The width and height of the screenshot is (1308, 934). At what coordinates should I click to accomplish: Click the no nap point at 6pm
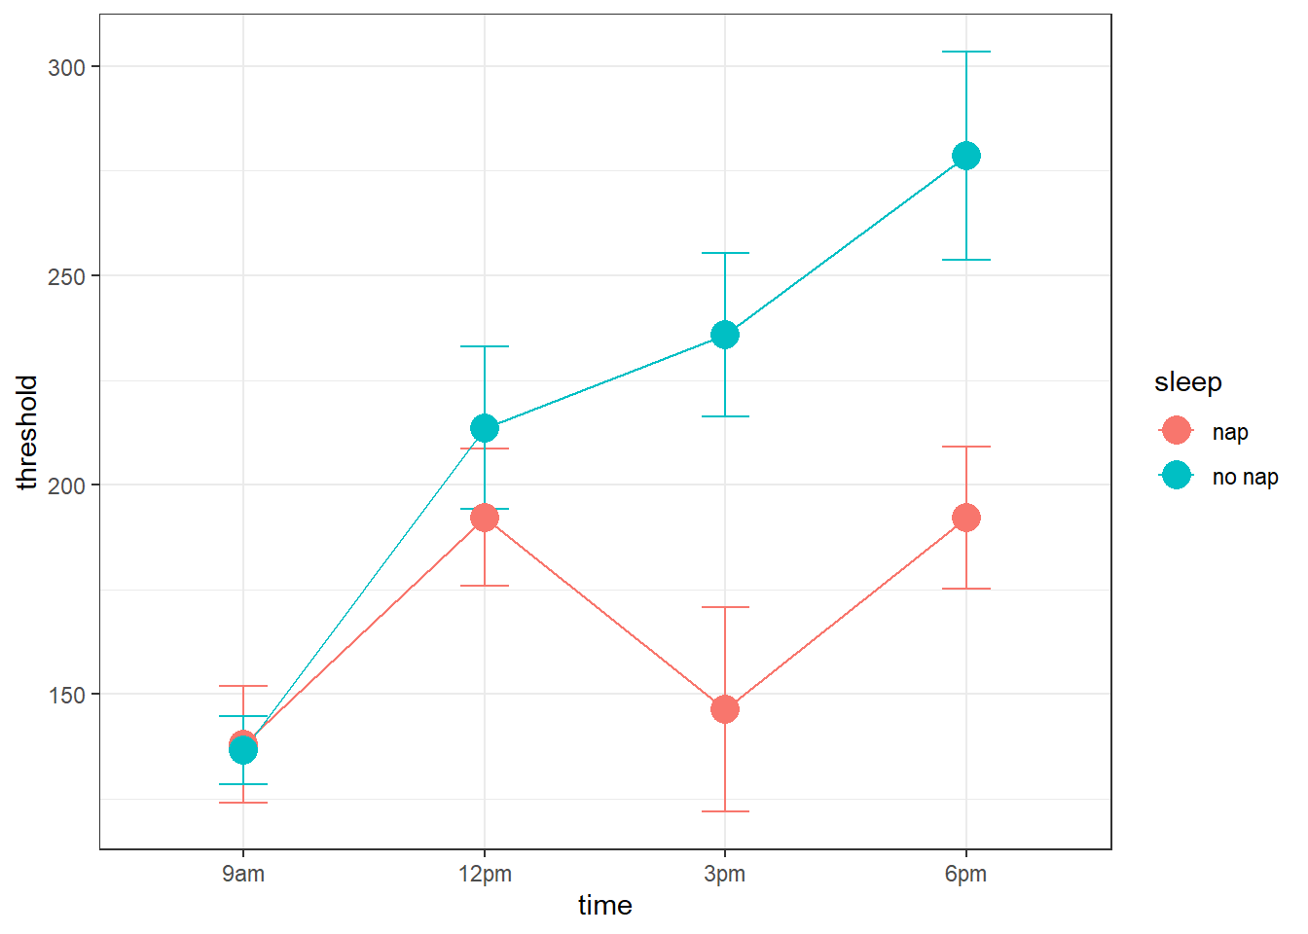point(965,156)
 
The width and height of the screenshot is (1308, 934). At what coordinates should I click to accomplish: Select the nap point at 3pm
point(725,709)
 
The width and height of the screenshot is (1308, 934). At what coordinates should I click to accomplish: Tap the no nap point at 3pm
point(725,335)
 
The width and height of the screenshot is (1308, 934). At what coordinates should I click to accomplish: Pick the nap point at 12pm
point(485,518)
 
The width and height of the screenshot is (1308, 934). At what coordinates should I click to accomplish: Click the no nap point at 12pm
point(485,428)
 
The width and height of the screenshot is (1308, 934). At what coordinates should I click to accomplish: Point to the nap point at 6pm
point(965,518)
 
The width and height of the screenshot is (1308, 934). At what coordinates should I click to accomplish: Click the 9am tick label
point(243,874)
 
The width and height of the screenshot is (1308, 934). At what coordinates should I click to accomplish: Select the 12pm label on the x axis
point(485,874)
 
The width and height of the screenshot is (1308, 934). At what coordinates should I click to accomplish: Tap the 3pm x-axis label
point(725,874)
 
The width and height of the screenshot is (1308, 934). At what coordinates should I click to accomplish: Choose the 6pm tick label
point(965,874)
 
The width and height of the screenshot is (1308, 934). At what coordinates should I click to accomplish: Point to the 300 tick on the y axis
point(66,67)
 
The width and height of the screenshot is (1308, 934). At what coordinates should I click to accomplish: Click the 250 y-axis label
point(66,276)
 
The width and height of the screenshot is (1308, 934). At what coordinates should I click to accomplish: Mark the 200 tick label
point(66,485)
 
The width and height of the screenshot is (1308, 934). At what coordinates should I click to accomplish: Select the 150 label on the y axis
point(66,695)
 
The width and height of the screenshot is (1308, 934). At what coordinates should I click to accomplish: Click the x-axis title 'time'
point(605,906)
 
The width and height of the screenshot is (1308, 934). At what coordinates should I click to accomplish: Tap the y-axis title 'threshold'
point(27,432)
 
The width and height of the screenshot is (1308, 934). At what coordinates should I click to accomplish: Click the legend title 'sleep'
point(1187,382)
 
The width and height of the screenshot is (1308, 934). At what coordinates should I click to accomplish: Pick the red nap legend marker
point(1177,430)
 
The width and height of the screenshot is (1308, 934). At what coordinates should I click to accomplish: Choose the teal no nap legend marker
point(1177,475)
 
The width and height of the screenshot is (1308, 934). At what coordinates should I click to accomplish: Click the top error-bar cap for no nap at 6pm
point(965,52)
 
